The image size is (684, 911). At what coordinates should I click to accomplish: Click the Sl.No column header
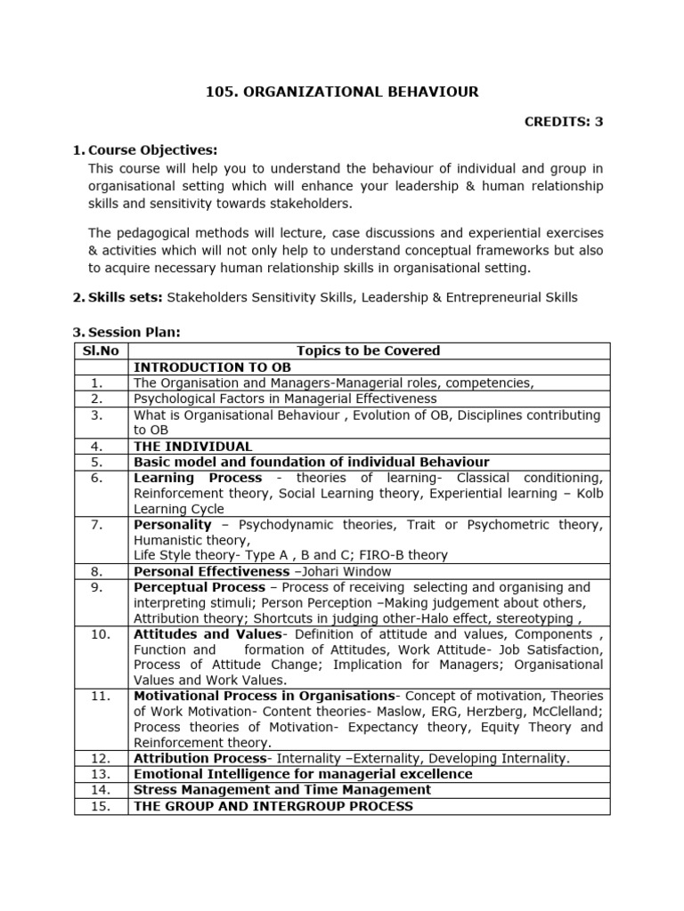point(101,351)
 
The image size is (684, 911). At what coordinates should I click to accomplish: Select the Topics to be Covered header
point(368,351)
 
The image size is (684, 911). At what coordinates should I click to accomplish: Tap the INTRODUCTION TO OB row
point(212,367)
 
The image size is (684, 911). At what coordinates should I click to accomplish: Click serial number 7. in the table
point(98,525)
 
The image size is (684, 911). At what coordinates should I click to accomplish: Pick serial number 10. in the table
point(100,634)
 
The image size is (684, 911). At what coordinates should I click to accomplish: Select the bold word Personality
point(172,525)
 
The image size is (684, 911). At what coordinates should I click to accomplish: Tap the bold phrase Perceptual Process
point(199,587)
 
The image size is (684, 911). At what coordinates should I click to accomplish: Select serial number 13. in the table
point(100,774)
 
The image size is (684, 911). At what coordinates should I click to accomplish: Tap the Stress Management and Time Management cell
point(281,790)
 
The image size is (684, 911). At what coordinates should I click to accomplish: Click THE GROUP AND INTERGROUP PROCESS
point(273,806)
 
